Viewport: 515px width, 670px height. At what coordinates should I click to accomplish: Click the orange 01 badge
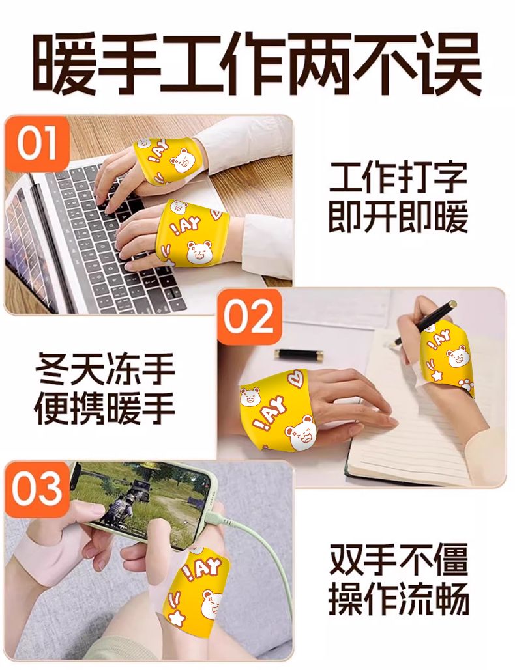tap(37, 143)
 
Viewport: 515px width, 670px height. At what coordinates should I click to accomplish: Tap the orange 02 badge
tap(250, 317)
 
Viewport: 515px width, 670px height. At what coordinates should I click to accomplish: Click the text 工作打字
tap(398, 178)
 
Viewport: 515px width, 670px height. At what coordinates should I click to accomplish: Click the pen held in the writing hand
tap(426, 322)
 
